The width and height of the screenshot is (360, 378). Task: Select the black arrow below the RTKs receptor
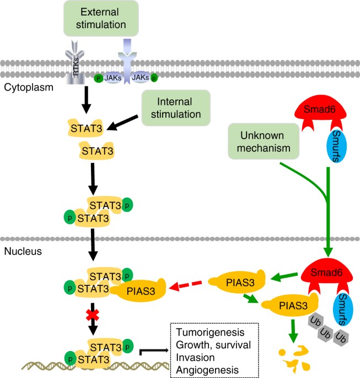(x=85, y=99)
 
